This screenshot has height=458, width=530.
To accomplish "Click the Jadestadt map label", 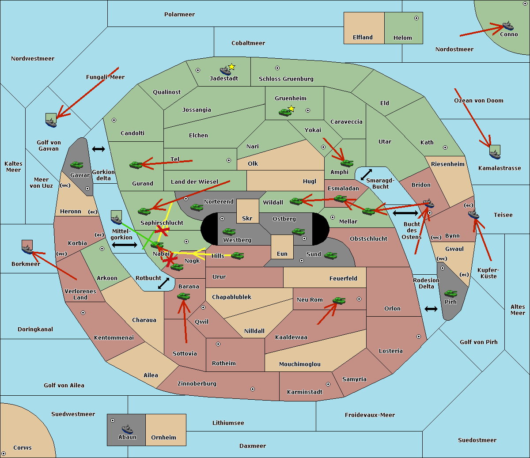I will click(x=223, y=79).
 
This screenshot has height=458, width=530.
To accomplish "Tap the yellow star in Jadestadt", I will click(x=231, y=67).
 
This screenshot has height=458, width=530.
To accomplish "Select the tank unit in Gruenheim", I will click(x=285, y=113).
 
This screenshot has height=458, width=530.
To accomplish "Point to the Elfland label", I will click(x=363, y=38).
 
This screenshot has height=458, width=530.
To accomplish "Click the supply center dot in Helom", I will click(x=416, y=18).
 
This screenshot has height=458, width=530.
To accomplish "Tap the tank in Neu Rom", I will click(x=339, y=301).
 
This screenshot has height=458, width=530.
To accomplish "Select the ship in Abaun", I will click(x=127, y=429).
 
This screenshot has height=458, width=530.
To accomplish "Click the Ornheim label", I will click(x=163, y=438).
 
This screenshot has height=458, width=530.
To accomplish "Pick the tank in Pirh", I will click(x=450, y=294).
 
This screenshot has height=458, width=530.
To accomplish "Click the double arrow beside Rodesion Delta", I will click(x=431, y=309).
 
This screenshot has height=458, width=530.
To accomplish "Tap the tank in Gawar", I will click(x=76, y=165).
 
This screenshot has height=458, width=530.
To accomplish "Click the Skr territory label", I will click(x=247, y=219).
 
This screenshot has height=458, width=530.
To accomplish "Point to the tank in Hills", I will click(x=238, y=255).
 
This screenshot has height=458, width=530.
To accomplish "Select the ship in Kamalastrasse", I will click(x=495, y=154).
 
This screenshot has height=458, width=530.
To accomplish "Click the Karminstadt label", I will click(x=305, y=392).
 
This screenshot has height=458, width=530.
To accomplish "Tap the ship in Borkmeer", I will click(x=27, y=250).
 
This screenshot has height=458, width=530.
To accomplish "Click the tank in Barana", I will click(x=183, y=296).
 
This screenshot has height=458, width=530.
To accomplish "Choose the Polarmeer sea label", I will click(x=179, y=15).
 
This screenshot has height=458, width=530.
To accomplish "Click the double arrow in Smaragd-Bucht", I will click(x=367, y=175).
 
